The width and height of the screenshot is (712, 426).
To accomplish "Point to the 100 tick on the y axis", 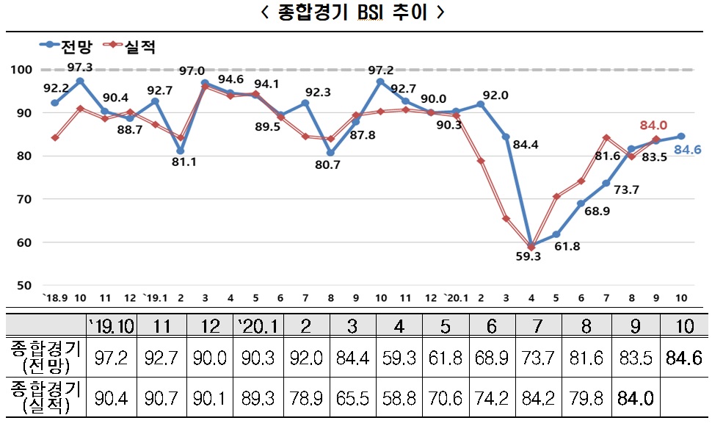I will [23, 70].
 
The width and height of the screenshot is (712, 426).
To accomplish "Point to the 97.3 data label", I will [79, 68].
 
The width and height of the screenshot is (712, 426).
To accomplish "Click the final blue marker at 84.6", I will [682, 137].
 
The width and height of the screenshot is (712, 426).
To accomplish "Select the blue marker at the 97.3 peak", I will [79, 81].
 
